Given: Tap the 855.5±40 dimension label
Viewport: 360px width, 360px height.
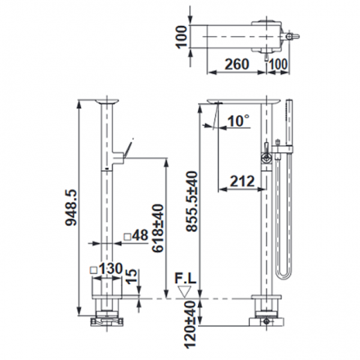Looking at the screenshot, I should pyautogui.click(x=191, y=200).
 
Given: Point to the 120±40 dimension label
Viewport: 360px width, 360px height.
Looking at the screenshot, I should pyautogui.click(x=191, y=323).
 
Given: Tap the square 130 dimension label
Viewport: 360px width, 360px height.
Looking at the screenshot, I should pyautogui.click(x=107, y=268).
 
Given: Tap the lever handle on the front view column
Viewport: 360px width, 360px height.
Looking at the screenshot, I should pyautogui.click(x=127, y=149).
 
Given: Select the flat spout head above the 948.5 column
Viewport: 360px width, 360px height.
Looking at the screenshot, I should pyautogui.click(x=105, y=101).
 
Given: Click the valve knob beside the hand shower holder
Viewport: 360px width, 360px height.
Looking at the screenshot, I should pyautogui.click(x=267, y=157).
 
